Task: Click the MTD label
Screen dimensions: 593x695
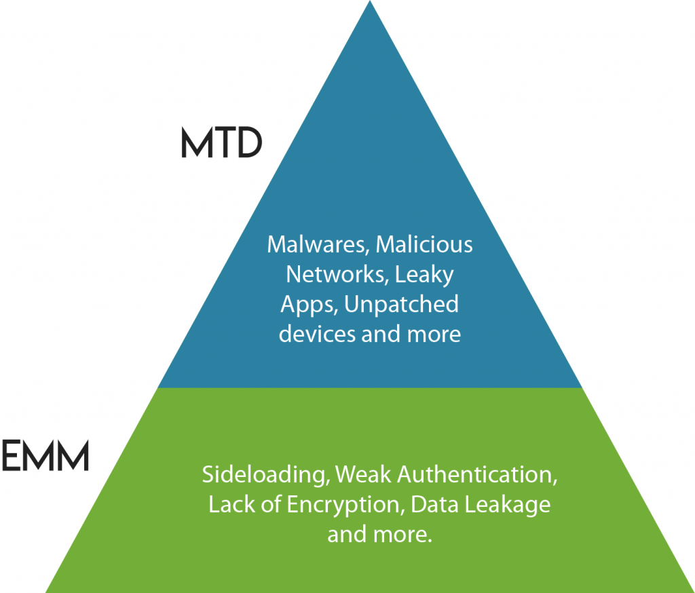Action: pos(221,142)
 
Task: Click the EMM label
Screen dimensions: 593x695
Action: pos(45,456)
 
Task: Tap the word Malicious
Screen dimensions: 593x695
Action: pos(424,245)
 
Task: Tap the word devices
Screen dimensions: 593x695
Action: pos(316,334)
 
